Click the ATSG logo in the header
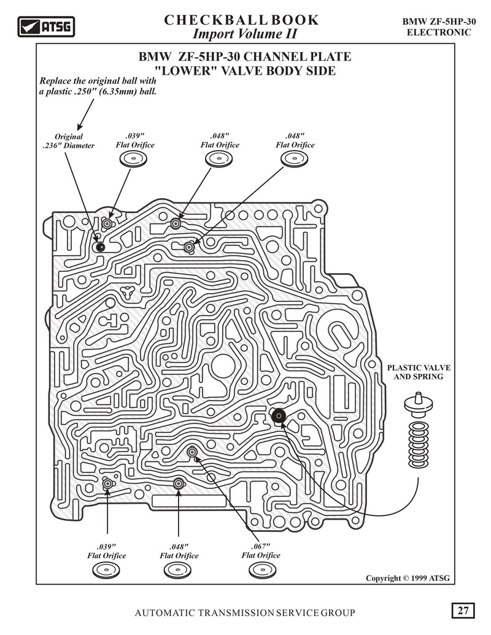tap(46, 27)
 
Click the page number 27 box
tap(463, 610)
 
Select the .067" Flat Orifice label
tap(261, 551)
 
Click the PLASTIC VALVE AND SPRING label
tap(419, 372)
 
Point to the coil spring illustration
tap(419, 444)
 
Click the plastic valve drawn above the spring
tap(419, 405)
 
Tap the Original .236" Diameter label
tap(69, 141)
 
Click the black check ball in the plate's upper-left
tap(100, 247)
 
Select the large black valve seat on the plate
tap(279, 415)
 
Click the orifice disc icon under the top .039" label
tap(133, 159)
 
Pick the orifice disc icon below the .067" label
tap(262, 570)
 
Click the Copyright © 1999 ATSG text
tap(408, 578)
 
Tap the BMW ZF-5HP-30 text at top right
tap(439, 22)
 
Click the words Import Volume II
tap(245, 34)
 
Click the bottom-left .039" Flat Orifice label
tap(107, 551)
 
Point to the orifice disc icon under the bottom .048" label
tap(177, 570)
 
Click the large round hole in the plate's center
tap(223, 366)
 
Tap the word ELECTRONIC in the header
tap(439, 33)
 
